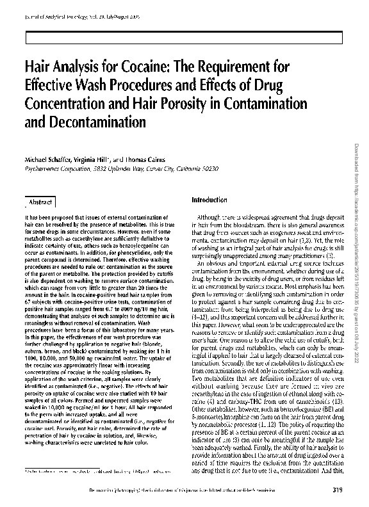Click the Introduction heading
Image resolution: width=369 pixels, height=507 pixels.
[209, 200]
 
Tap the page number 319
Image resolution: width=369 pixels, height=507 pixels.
[338, 491]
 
